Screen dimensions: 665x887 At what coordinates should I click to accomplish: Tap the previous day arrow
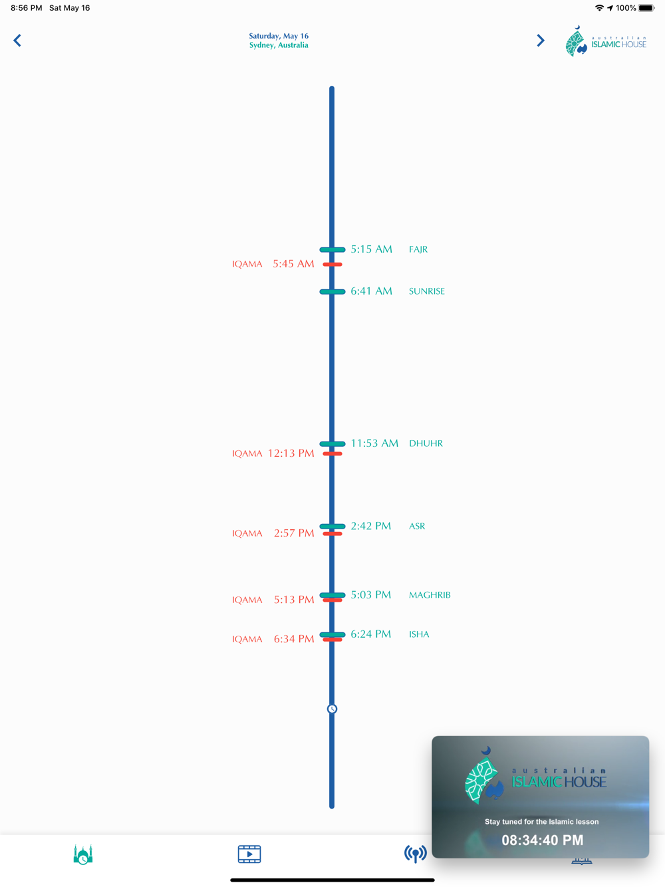(x=17, y=41)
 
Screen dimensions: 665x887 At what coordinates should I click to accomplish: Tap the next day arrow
(x=540, y=41)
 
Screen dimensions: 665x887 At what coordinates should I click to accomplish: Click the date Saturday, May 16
(x=279, y=36)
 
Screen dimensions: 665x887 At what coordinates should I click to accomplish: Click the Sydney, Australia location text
(x=279, y=45)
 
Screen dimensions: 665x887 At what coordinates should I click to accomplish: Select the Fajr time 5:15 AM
(x=371, y=249)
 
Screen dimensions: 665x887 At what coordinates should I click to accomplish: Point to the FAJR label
(x=418, y=249)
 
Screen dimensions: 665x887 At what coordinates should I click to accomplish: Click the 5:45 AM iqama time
(x=293, y=264)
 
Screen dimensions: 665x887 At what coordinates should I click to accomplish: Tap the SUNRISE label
(x=427, y=291)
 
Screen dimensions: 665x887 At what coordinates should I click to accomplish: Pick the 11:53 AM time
(x=374, y=443)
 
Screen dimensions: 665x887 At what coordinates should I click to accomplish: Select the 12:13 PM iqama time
(x=291, y=453)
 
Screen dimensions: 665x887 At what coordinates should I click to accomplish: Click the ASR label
(x=417, y=526)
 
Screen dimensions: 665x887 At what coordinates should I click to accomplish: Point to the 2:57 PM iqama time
(x=294, y=533)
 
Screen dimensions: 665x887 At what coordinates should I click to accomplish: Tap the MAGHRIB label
(x=430, y=595)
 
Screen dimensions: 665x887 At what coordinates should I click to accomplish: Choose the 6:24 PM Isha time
(x=371, y=634)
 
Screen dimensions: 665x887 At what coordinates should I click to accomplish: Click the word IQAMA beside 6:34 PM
(x=247, y=639)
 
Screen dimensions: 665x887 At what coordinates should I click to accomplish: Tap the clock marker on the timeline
(x=332, y=709)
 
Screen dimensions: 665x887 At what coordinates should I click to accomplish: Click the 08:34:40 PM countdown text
(x=542, y=840)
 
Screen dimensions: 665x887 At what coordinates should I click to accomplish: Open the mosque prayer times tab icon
(x=83, y=854)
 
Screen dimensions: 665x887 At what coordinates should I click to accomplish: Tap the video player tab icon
(x=249, y=854)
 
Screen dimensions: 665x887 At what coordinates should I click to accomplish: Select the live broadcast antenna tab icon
(x=416, y=854)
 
